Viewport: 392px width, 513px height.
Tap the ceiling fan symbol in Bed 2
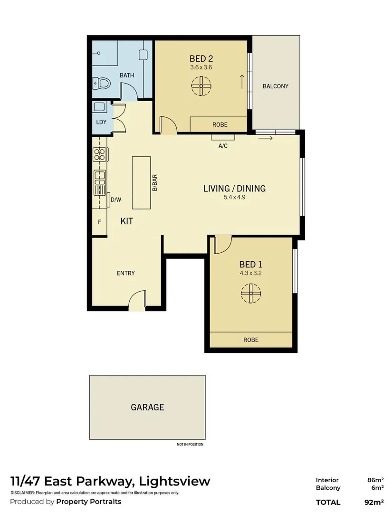tap(201, 86)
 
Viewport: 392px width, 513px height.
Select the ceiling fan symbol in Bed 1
tap(250, 293)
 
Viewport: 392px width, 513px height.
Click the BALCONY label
tap(276, 86)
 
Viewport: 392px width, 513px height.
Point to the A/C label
tap(223, 146)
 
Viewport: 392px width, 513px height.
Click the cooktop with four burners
tap(100, 154)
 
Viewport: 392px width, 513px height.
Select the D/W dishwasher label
tap(115, 200)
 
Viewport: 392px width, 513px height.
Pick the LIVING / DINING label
tap(234, 189)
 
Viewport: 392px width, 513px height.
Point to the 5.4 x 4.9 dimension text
tap(234, 198)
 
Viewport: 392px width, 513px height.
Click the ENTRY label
tap(126, 273)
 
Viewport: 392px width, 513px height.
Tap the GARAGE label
tap(147, 407)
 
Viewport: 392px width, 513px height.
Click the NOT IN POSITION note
tap(190, 445)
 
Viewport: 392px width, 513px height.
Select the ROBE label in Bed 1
tap(250, 340)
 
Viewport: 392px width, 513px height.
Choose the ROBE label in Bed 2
tap(220, 124)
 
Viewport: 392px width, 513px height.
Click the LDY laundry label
tap(101, 122)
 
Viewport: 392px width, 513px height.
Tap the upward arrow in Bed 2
tap(242, 82)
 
